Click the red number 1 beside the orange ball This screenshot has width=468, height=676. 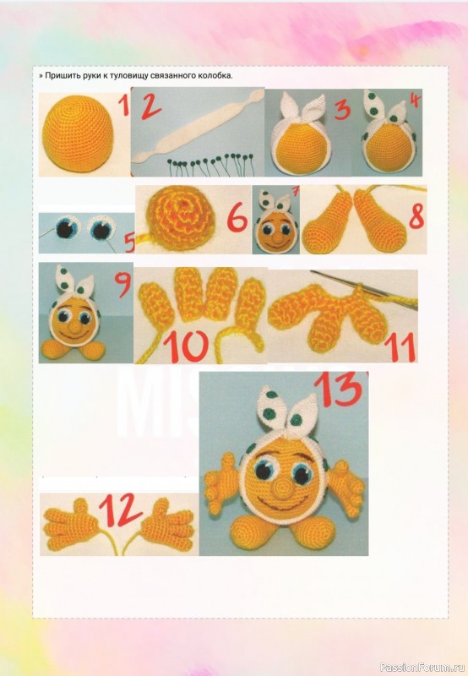[x=124, y=105]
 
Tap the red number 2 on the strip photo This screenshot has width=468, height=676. [x=150, y=106]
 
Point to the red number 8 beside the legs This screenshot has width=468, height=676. [x=416, y=216]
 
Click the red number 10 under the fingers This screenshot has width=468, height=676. [x=186, y=346]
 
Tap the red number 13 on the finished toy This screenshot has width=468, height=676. [x=339, y=389]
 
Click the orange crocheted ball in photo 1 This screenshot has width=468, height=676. [x=79, y=134]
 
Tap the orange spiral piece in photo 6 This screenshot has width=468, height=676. [x=180, y=219]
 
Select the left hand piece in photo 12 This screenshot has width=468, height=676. [x=72, y=523]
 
